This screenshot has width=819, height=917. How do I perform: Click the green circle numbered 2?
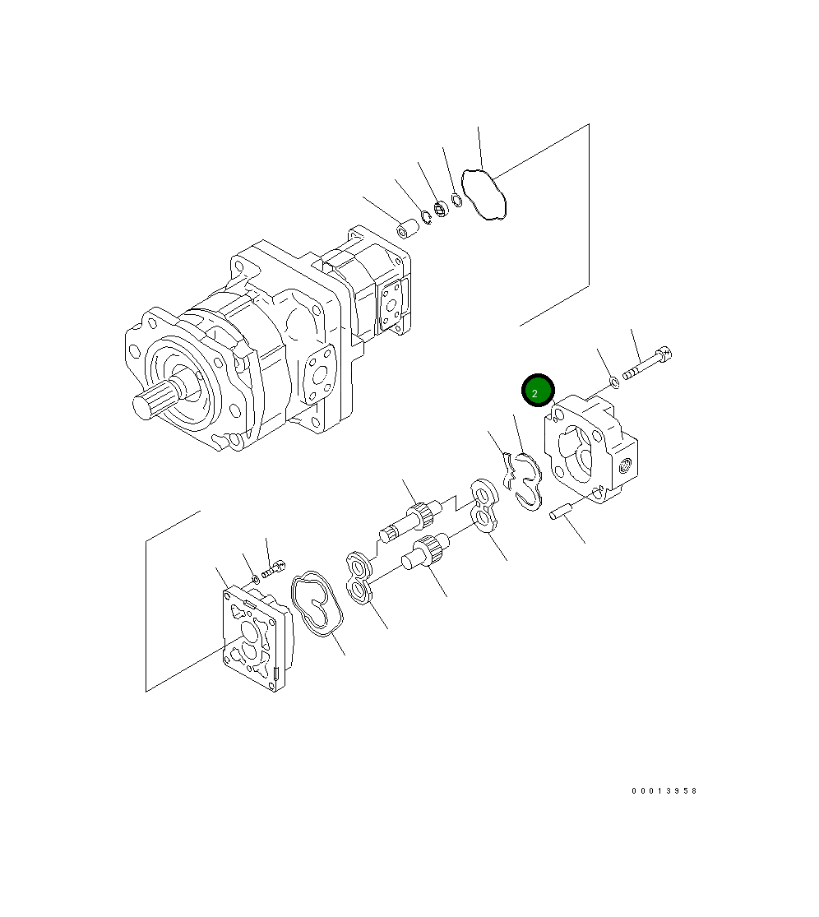click(x=538, y=391)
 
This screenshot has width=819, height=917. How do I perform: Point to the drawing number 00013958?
click(x=664, y=790)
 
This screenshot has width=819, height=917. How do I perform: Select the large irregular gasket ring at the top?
click(x=484, y=195)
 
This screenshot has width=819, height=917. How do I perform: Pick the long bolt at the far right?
click(x=647, y=364)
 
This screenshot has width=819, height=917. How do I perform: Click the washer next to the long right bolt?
click(x=613, y=382)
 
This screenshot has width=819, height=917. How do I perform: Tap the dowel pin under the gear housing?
click(x=559, y=511)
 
